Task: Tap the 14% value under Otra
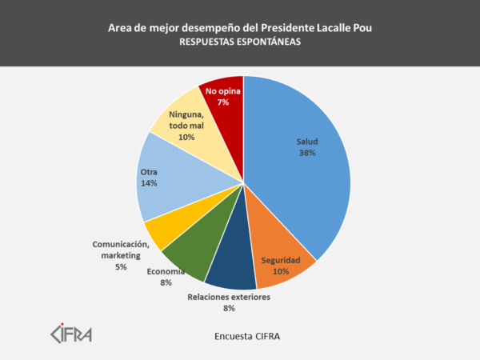point(148,183)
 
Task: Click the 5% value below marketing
point(121,266)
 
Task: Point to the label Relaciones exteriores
point(229,297)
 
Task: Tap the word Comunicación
point(121,244)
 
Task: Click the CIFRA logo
point(71,332)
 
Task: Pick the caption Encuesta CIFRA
point(247,335)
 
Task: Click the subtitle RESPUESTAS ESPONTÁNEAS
point(240,44)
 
